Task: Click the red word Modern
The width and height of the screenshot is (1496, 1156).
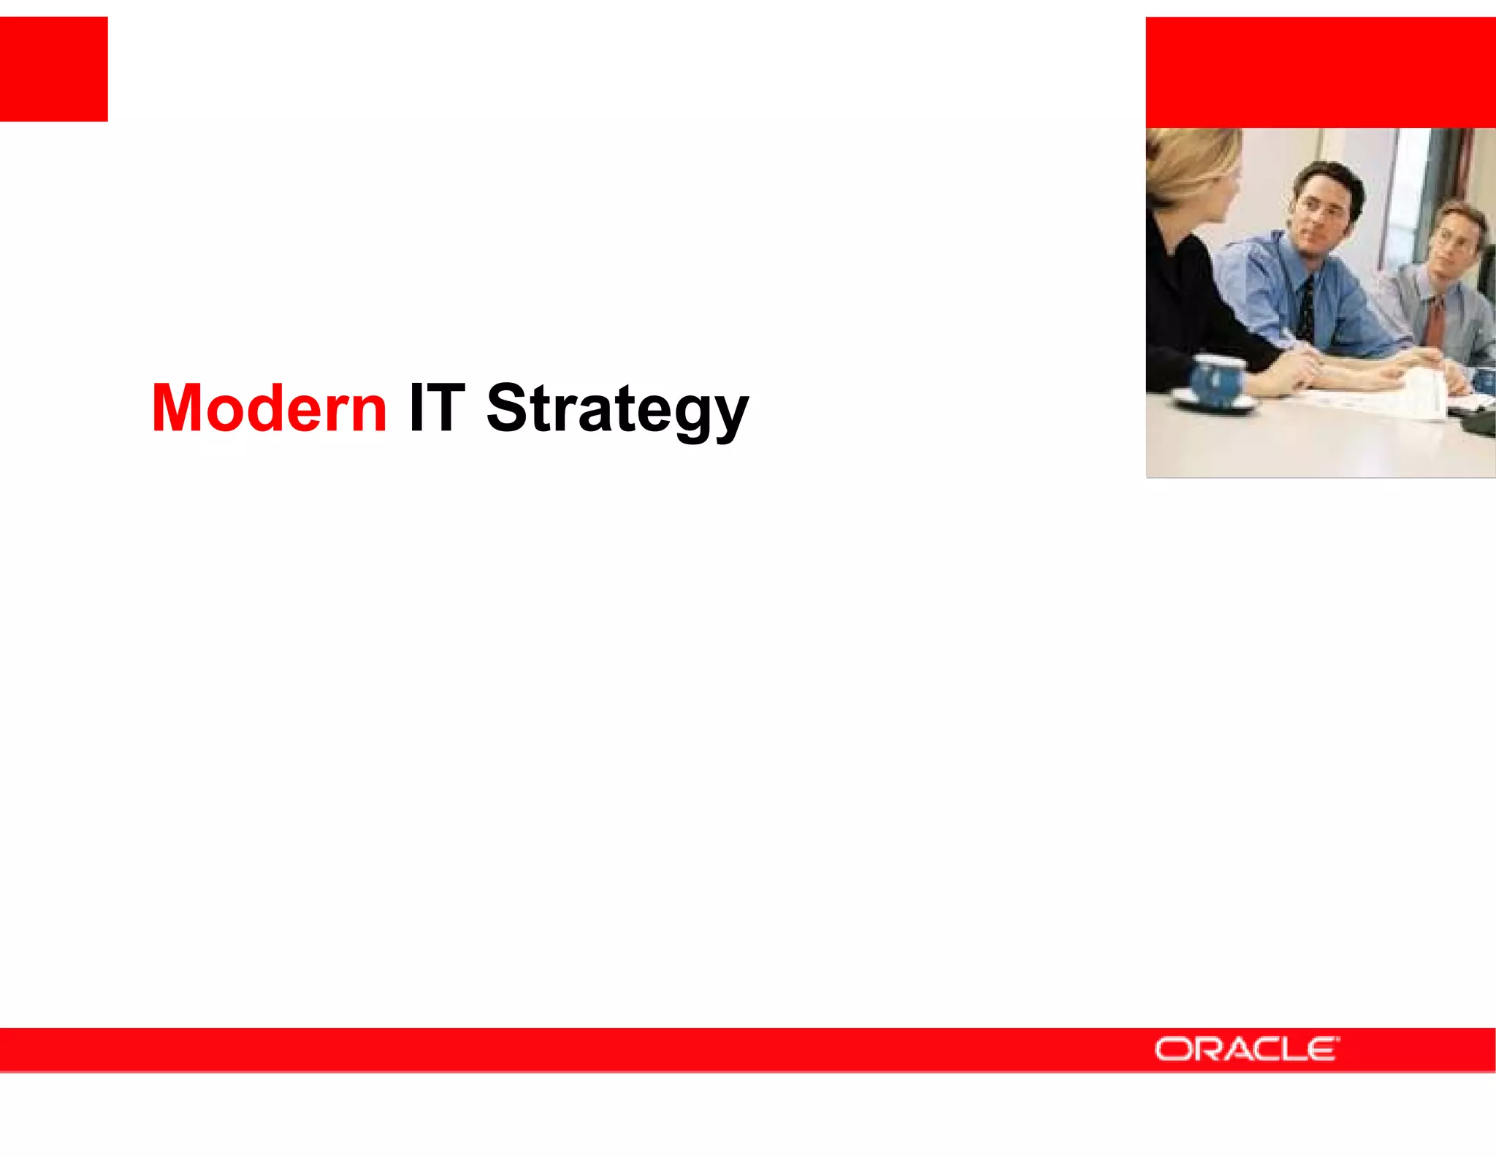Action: coord(269,408)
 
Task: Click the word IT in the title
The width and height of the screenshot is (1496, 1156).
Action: coord(437,408)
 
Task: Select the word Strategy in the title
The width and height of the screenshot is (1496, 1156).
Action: coord(617,408)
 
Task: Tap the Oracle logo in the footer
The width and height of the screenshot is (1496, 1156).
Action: coord(1246,1049)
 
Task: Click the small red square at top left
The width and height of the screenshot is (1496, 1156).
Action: coord(53,69)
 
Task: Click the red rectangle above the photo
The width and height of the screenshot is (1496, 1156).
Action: coord(1320,72)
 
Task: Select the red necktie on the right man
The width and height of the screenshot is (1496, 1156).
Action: coord(1435,322)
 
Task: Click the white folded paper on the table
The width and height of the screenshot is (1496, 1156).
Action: coord(1424,395)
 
